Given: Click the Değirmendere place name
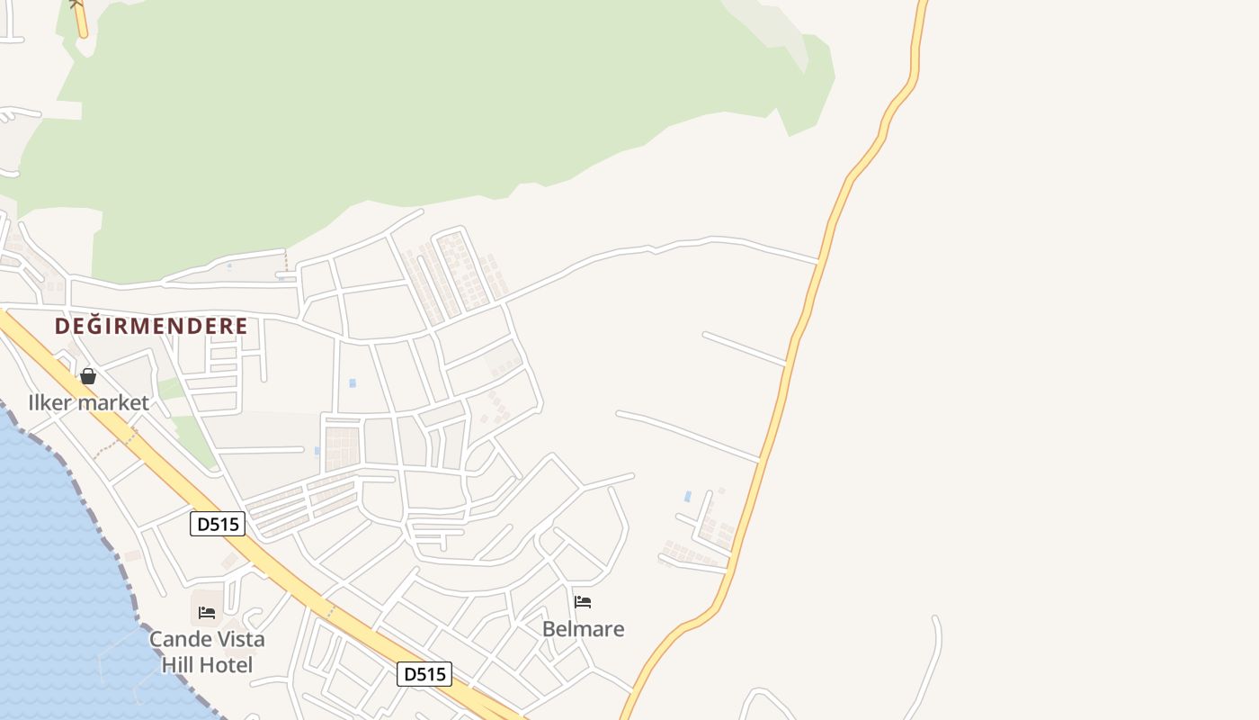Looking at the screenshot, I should pyautogui.click(x=150, y=326).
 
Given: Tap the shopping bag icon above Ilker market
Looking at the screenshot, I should pyautogui.click(x=88, y=376).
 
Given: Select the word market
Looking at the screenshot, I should pyautogui.click(x=114, y=402).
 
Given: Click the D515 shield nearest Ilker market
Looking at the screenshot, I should pyautogui.click(x=218, y=524).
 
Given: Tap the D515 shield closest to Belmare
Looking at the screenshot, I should pyautogui.click(x=424, y=674).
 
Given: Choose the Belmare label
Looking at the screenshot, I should pyautogui.click(x=583, y=629).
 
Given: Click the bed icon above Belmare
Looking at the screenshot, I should pyautogui.click(x=583, y=602).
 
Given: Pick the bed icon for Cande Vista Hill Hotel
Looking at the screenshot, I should pyautogui.click(x=207, y=613).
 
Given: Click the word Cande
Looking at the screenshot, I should pyautogui.click(x=179, y=640).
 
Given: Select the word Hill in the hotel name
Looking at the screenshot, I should pyautogui.click(x=177, y=666).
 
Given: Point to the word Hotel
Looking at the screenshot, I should pyautogui.click(x=225, y=666).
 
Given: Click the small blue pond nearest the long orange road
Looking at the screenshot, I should pyautogui.click(x=688, y=496).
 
